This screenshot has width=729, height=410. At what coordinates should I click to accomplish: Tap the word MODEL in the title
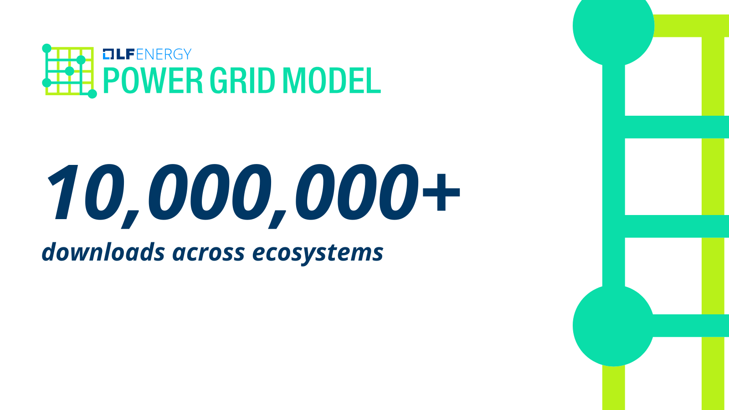click(x=332, y=80)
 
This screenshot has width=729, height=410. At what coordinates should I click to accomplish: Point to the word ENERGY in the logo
click(x=164, y=54)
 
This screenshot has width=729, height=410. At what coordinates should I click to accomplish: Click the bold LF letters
click(x=125, y=54)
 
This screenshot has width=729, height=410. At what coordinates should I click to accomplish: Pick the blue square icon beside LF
click(x=108, y=54)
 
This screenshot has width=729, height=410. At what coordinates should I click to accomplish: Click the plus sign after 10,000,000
click(x=441, y=192)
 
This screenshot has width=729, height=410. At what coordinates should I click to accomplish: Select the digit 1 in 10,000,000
click(x=63, y=192)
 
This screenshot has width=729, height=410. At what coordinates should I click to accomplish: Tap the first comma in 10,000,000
click(x=130, y=220)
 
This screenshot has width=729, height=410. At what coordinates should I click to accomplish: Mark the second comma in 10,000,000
click(x=277, y=220)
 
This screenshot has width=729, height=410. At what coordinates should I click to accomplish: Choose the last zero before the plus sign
click(x=398, y=192)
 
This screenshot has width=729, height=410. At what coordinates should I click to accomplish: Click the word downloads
click(x=103, y=252)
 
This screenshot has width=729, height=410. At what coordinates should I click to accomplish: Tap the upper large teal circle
click(x=613, y=26)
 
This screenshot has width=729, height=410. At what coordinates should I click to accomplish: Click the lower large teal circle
click(x=613, y=325)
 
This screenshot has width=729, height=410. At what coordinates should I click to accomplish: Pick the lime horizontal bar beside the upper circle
click(x=690, y=26)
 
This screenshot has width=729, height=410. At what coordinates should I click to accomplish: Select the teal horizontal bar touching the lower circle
click(x=690, y=325)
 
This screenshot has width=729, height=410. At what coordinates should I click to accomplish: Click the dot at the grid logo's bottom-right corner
click(x=92, y=94)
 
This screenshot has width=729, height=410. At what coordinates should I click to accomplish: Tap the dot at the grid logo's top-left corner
click(x=47, y=48)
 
